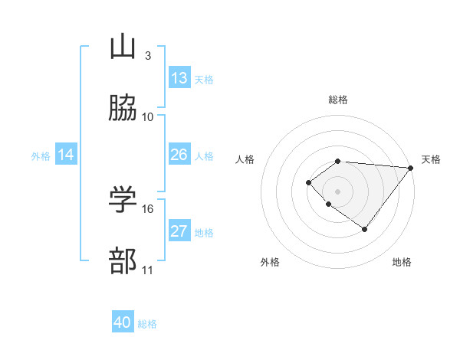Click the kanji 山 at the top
point(123,47)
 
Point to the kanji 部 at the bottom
point(123,261)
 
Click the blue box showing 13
point(179,78)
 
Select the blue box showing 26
point(179,155)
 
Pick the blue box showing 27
point(179,231)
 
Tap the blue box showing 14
point(66,155)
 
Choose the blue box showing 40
point(123,322)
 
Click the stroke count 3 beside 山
point(148,56)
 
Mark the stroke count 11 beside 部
point(148,270)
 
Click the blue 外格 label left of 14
point(41,155)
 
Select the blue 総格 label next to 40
point(148,324)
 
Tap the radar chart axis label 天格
point(431,159)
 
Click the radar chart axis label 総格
point(338,100)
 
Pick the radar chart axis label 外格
point(270,262)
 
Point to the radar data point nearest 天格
point(411,168)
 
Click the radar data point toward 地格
point(365,229)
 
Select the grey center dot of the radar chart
point(338,191)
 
